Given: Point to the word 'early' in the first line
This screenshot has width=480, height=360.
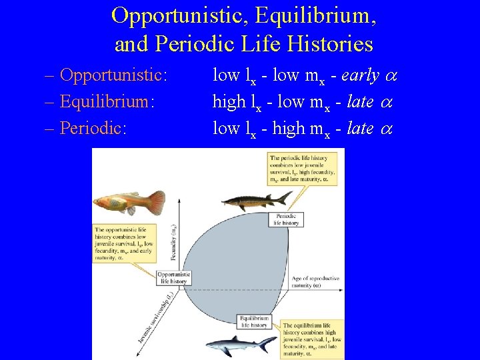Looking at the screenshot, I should pyautogui.click(x=362, y=75).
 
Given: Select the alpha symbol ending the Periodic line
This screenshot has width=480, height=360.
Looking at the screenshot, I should pyautogui.click(x=387, y=128).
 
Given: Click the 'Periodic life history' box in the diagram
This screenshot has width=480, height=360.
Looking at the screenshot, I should pyautogui.click(x=286, y=220).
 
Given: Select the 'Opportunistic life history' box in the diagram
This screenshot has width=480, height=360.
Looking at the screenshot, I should pyautogui.click(x=174, y=278).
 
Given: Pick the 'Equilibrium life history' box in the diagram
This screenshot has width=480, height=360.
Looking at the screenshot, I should pyautogui.click(x=254, y=322).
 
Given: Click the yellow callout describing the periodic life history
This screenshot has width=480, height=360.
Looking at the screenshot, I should pyautogui.click(x=302, y=168).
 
